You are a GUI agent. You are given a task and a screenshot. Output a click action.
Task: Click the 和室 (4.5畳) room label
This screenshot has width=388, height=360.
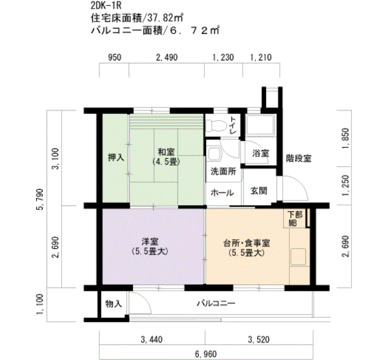166,157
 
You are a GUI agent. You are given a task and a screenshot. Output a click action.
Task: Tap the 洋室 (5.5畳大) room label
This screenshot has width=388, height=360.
150,246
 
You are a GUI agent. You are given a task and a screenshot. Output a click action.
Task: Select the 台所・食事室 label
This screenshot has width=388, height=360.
247,244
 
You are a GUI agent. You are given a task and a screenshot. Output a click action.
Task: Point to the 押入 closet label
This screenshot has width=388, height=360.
116,157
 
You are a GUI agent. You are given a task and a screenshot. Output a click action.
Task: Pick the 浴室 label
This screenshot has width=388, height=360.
261,153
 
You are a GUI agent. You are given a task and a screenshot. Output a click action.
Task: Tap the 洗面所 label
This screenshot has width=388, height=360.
223,171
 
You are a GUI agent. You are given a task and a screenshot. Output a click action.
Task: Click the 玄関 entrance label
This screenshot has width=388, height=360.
259,191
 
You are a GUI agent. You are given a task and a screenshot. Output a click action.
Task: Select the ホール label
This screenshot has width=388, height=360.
222,193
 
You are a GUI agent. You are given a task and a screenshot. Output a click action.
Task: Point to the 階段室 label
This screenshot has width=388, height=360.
298,158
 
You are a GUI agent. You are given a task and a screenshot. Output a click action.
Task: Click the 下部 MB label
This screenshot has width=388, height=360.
295,219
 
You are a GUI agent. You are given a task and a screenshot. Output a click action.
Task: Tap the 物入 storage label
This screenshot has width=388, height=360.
114,304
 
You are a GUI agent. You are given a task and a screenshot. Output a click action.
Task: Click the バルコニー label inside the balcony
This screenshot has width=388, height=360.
216,303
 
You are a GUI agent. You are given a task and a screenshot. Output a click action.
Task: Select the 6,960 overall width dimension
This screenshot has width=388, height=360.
206,354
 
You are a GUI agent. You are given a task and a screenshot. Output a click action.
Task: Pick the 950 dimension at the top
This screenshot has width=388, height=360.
115,58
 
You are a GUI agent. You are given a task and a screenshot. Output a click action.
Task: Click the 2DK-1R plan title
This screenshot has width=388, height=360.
106,6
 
